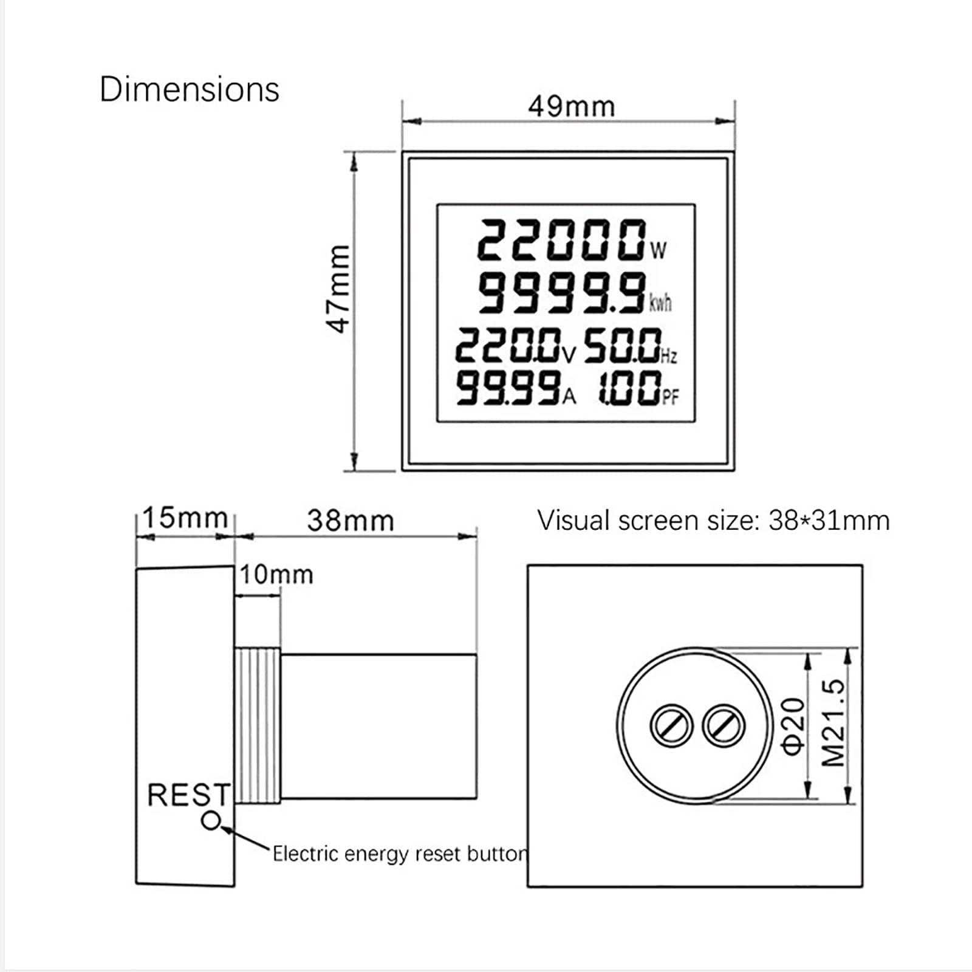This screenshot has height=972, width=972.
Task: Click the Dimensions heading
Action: [x=189, y=90]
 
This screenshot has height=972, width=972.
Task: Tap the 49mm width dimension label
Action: [x=571, y=107]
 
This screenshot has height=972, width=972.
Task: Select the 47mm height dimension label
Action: [x=338, y=289]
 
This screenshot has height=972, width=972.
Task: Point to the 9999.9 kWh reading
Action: [x=562, y=293]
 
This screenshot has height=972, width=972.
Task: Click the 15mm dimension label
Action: [x=185, y=518]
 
